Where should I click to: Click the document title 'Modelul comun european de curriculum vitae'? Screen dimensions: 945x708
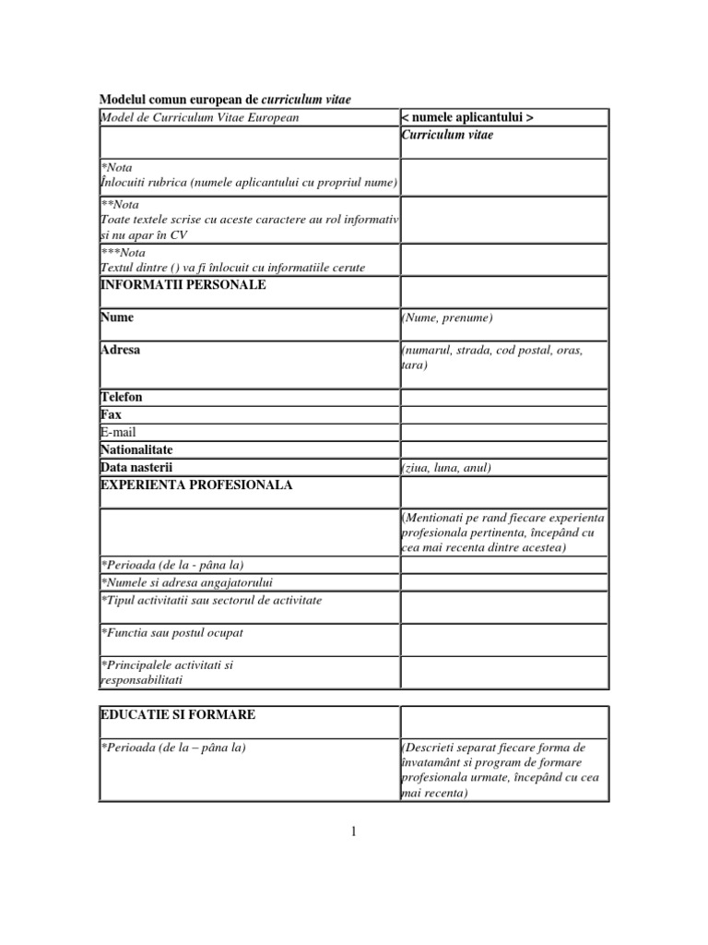point(225,100)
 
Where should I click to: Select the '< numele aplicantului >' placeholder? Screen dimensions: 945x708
point(466,117)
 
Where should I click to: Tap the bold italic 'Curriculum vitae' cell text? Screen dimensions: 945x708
point(447,135)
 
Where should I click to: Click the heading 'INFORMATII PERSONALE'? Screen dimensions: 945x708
point(183,285)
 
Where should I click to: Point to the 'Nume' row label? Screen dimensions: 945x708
point(117,317)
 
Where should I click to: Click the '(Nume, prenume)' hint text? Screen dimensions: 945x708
point(447,318)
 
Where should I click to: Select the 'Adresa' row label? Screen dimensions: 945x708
point(121,351)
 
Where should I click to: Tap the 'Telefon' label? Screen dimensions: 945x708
point(122,397)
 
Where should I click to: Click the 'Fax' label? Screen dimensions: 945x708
point(111,414)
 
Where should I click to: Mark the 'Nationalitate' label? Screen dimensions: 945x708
point(136,449)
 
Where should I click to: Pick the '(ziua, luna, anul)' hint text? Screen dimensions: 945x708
point(446,468)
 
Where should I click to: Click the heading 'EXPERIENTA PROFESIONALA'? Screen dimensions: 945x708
point(196,484)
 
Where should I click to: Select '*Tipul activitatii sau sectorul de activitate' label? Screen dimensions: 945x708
point(211,600)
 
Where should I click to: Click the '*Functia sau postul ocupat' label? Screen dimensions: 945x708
point(171,633)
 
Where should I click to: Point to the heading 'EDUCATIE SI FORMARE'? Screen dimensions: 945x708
point(178,715)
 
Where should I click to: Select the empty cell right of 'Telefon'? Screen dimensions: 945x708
point(503,397)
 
